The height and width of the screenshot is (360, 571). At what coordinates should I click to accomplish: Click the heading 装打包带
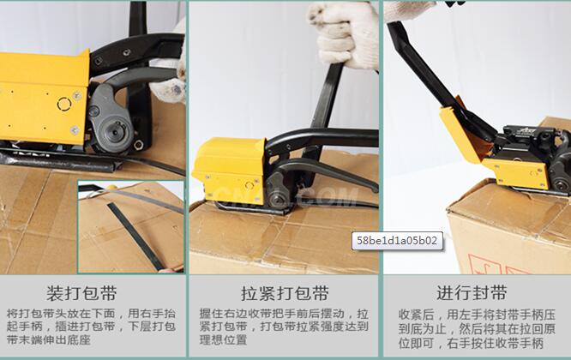[81, 293]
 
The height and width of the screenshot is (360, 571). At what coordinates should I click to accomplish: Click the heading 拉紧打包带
[285, 293]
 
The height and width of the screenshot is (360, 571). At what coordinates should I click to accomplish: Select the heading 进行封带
[472, 292]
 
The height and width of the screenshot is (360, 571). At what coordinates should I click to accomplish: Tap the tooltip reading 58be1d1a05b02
[397, 241]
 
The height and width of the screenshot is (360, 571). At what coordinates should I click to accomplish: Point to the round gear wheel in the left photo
[117, 130]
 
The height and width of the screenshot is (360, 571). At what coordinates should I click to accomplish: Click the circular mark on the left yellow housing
[64, 104]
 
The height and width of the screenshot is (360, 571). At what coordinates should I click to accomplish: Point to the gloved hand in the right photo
[410, 10]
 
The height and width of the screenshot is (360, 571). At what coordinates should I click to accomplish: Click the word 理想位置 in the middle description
[223, 339]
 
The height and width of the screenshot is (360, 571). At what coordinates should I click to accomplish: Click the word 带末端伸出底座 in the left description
[48, 339]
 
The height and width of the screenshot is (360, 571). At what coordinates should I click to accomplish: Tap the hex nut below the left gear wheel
[138, 145]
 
